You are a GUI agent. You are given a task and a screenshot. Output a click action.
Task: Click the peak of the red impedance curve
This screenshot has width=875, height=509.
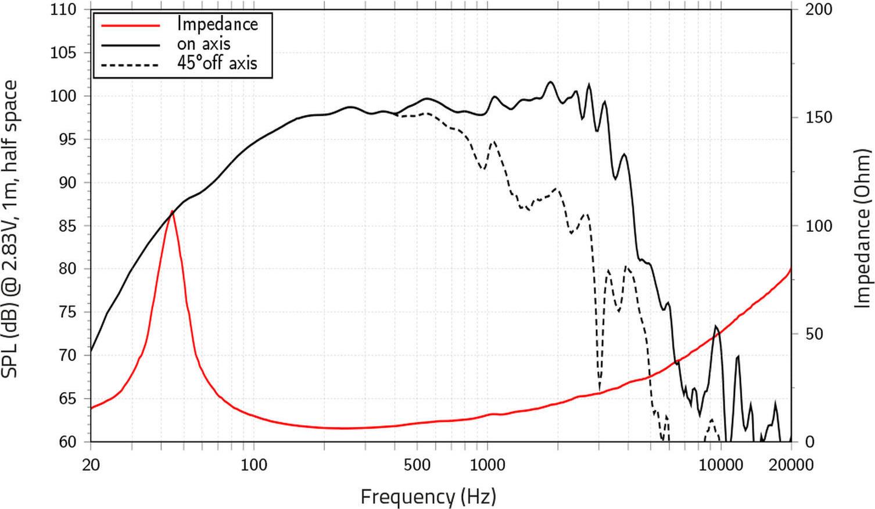[172, 212]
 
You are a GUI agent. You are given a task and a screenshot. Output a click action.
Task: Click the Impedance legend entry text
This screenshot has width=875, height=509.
[217, 24]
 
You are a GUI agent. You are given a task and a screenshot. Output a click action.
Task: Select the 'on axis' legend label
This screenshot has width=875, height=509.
[203, 44]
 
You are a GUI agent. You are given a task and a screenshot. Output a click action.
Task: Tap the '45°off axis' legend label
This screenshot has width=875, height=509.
[217, 63]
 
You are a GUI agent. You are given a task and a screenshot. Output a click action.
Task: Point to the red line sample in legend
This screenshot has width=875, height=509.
[130, 25]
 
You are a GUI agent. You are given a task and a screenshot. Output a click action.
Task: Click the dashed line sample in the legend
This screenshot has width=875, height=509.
[130, 64]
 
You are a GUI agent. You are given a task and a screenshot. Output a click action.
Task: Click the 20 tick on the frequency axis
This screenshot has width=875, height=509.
[91, 465]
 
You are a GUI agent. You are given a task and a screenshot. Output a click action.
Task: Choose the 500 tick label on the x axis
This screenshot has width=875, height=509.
[417, 465]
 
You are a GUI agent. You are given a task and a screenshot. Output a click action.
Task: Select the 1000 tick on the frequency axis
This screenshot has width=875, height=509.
[487, 465]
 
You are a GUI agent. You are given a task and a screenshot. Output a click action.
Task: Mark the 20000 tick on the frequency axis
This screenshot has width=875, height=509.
[791, 465]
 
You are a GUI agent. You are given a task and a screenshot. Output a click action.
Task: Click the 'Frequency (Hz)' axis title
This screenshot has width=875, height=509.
[428, 497]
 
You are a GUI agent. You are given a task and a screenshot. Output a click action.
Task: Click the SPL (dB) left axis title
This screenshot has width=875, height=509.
[10, 228]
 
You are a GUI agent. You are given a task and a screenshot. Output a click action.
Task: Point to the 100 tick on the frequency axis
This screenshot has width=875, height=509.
[254, 465]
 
